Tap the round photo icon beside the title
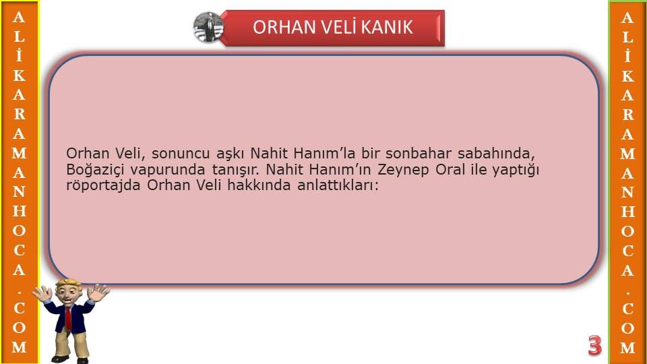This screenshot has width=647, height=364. (208, 27)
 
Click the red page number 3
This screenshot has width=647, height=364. (594, 345)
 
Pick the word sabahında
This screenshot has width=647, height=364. (496, 154)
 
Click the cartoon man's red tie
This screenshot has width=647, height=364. (68, 319)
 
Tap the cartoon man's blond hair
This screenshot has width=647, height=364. (69, 284)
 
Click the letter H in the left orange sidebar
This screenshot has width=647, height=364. (19, 211)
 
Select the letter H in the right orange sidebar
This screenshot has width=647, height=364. (627, 212)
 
